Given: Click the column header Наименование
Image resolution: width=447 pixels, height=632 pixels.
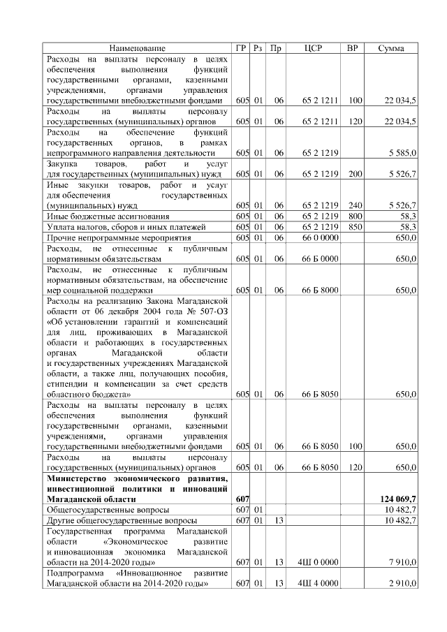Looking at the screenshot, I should pos(138,48).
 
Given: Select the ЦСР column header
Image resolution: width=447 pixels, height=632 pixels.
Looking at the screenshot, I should pos(313,48).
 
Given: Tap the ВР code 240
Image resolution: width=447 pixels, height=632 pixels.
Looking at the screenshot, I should pos(355,205).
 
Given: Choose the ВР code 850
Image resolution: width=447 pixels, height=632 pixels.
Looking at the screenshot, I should pos(355,227).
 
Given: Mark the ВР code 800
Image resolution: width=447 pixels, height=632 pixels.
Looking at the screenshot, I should pos(355,216).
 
